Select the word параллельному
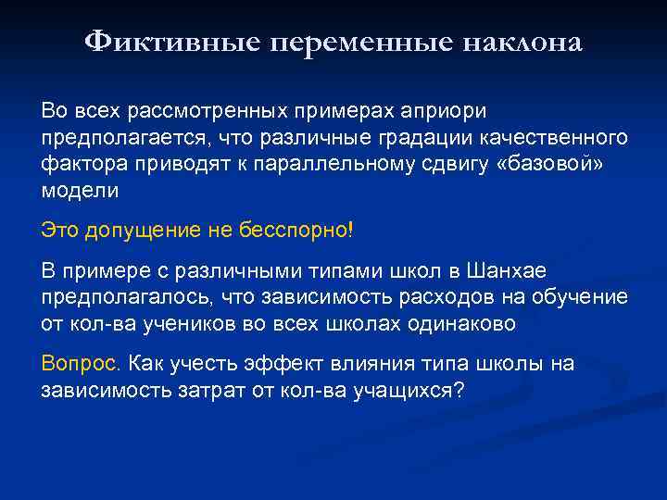[x=340, y=165]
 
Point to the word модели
[x=80, y=191]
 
